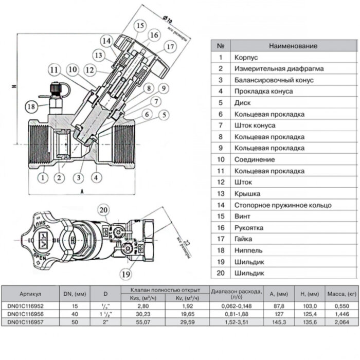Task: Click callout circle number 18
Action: [x=32, y=106]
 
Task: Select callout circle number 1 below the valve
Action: [x=42, y=178]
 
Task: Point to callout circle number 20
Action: [x=104, y=210]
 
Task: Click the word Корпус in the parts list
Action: [x=246, y=58]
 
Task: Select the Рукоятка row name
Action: [x=249, y=227]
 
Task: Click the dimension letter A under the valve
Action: [x=82, y=190]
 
